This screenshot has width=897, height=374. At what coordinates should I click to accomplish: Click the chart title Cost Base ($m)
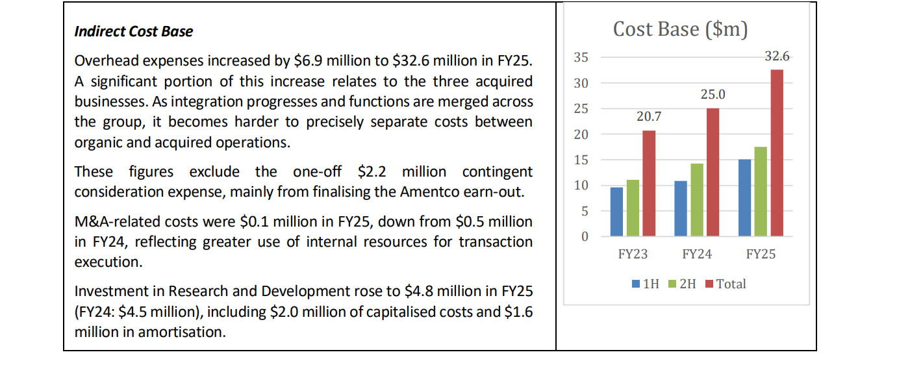680,29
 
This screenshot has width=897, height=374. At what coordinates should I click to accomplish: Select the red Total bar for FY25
777,153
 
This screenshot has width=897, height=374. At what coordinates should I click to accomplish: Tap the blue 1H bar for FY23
616,212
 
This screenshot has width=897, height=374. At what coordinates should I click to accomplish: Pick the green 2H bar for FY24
697,200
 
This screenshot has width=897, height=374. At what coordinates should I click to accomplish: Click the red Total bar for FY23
649,183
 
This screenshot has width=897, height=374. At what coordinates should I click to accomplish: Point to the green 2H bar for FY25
761,192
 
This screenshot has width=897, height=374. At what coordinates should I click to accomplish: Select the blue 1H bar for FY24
681,208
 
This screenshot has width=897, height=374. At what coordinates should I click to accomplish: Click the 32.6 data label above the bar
777,56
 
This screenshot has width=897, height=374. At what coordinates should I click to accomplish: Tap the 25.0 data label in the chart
713,95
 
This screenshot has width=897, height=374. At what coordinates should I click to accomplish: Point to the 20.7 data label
649,117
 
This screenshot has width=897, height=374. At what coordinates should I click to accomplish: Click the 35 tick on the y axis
581,58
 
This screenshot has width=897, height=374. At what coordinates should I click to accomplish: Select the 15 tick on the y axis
581,160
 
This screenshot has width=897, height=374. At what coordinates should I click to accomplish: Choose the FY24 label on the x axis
697,255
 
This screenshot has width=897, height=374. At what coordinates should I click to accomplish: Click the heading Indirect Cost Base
134,31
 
